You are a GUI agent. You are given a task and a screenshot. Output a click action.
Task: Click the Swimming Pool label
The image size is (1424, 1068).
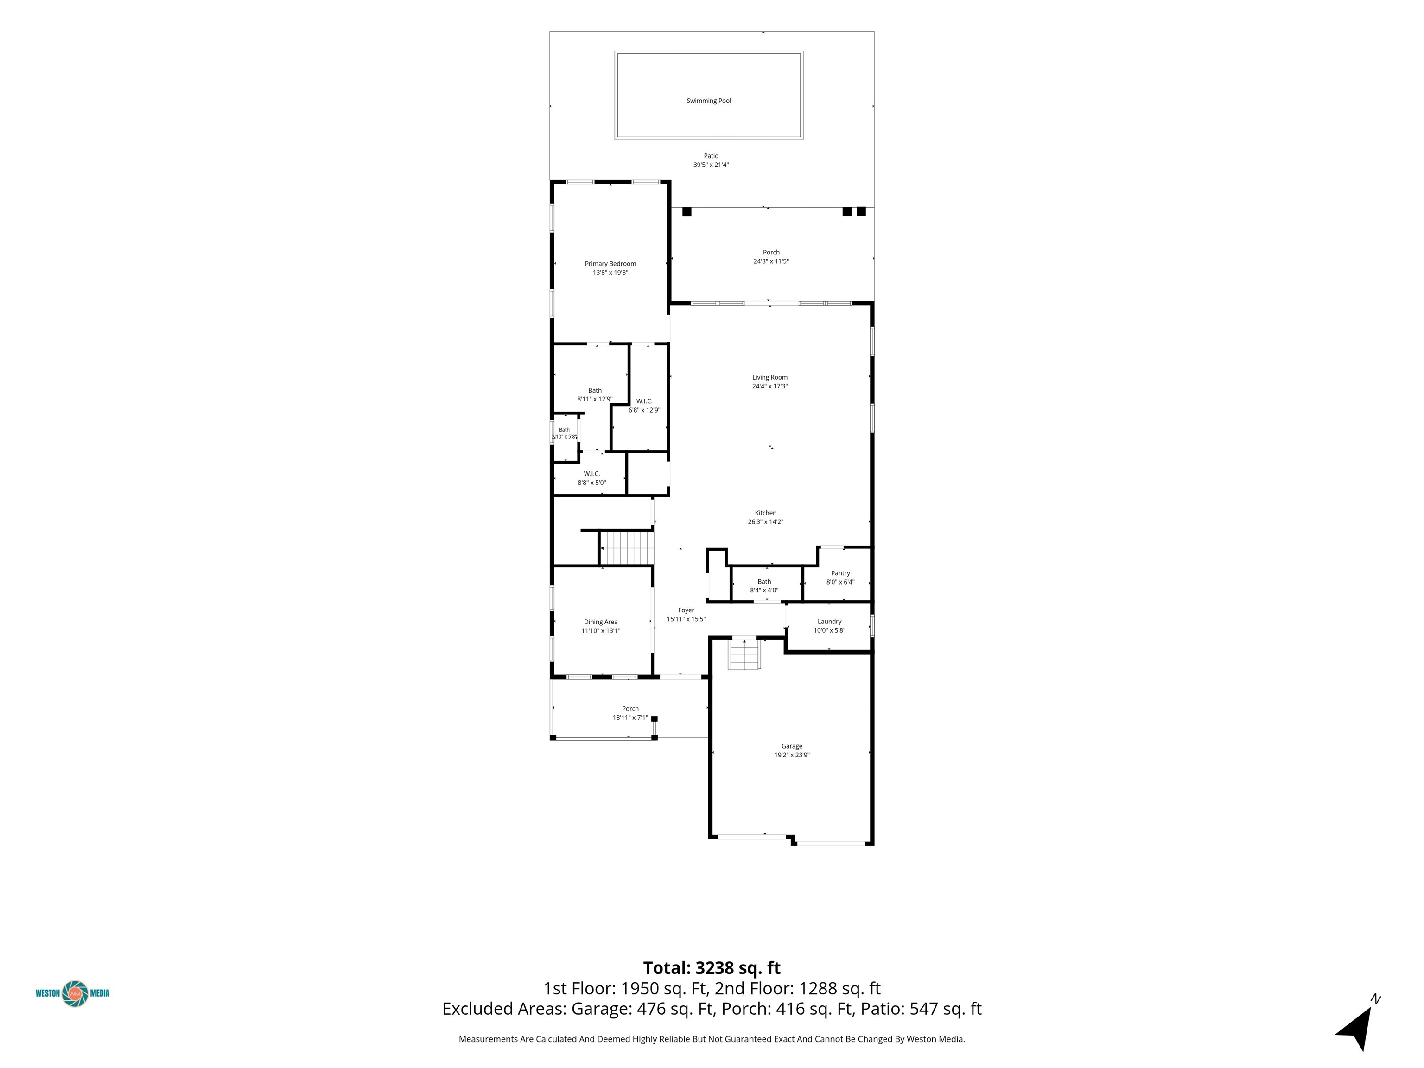pos(709,101)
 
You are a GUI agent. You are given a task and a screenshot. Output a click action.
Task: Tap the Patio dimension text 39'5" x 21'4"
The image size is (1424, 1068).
pos(711,165)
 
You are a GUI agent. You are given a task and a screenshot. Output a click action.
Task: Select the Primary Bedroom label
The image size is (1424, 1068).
pos(610,263)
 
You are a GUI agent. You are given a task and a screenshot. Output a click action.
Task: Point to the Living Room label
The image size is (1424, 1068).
pos(770,377)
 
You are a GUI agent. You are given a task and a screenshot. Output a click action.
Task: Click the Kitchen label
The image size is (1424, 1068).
pos(765,513)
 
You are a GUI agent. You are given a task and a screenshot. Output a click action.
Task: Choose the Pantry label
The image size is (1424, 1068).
pos(840,573)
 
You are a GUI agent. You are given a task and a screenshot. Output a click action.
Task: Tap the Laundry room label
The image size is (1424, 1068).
pos(829,622)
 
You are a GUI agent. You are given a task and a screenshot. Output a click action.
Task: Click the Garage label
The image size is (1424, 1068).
pos(792,746)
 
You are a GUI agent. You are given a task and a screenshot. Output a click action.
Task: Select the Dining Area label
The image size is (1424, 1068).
pos(601,622)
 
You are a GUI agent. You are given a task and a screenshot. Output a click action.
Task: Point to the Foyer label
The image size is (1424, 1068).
pos(686,610)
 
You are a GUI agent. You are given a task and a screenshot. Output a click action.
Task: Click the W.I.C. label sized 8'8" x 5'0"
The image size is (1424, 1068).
pos(591,474)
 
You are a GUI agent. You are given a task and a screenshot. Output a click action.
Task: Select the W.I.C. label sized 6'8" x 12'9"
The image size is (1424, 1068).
pos(644,401)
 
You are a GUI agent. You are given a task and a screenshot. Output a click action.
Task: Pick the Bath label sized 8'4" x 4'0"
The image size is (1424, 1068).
pos(764,582)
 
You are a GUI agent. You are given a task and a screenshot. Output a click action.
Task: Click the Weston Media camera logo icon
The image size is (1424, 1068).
pos(75,993)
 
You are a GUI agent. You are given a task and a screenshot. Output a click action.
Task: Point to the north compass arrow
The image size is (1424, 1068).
pos(1356,1029)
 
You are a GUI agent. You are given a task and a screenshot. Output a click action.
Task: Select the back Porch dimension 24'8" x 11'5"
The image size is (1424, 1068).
pos(771,261)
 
